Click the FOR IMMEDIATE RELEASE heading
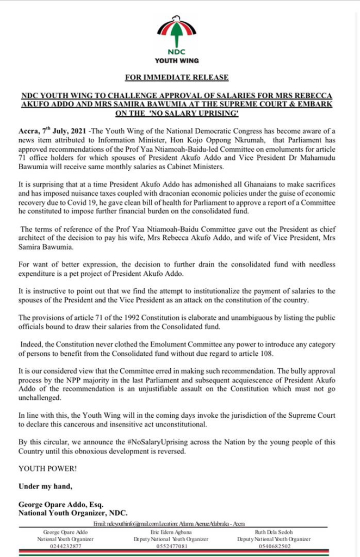[x=179, y=78]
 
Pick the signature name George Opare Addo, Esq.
[x=61, y=504]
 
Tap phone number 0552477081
[x=171, y=546]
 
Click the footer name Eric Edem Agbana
[x=171, y=531]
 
